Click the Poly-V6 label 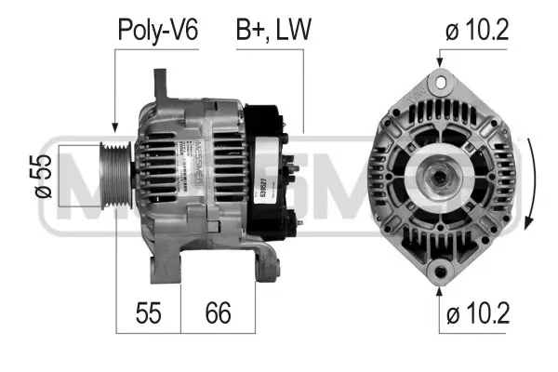pos(157,31)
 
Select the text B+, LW pos(272,31)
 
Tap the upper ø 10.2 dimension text pos(477,31)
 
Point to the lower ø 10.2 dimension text pos(477,314)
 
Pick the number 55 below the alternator pos(147,312)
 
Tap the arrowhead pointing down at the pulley pos(114,127)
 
